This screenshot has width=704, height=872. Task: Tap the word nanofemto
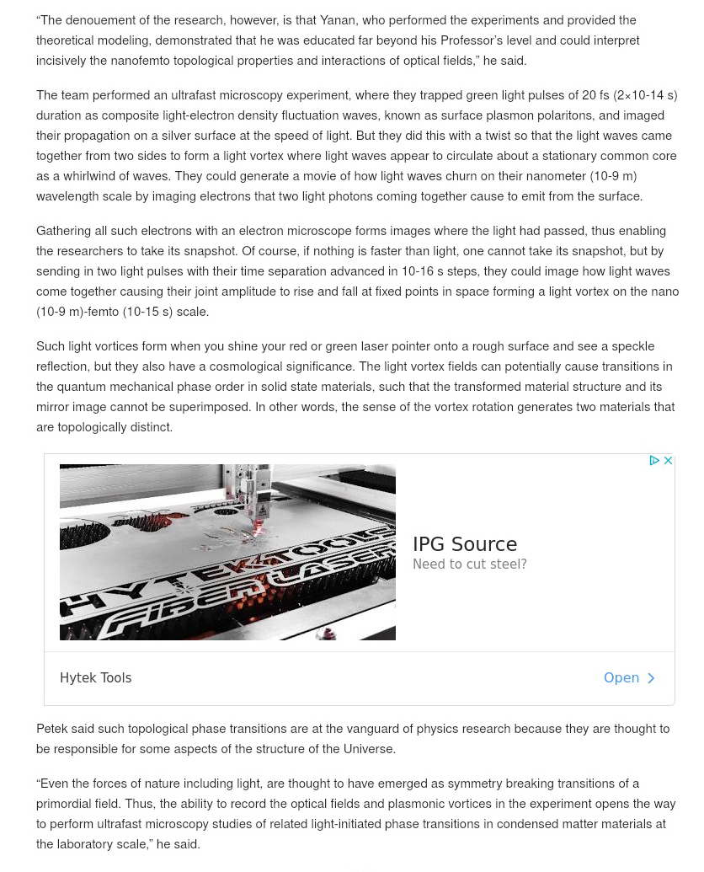pos(140,61)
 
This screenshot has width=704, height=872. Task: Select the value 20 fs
pos(595,95)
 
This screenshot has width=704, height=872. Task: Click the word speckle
pos(632,346)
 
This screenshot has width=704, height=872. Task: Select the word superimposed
pos(211,407)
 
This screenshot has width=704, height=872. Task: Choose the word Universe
pos(369,749)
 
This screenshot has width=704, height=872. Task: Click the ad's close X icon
pos(668,461)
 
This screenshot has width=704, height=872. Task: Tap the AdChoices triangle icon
pos(654,461)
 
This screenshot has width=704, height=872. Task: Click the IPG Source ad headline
pos(465,544)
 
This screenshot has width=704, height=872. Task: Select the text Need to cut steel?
pos(470,564)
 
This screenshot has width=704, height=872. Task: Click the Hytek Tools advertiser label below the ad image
pos(96,678)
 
